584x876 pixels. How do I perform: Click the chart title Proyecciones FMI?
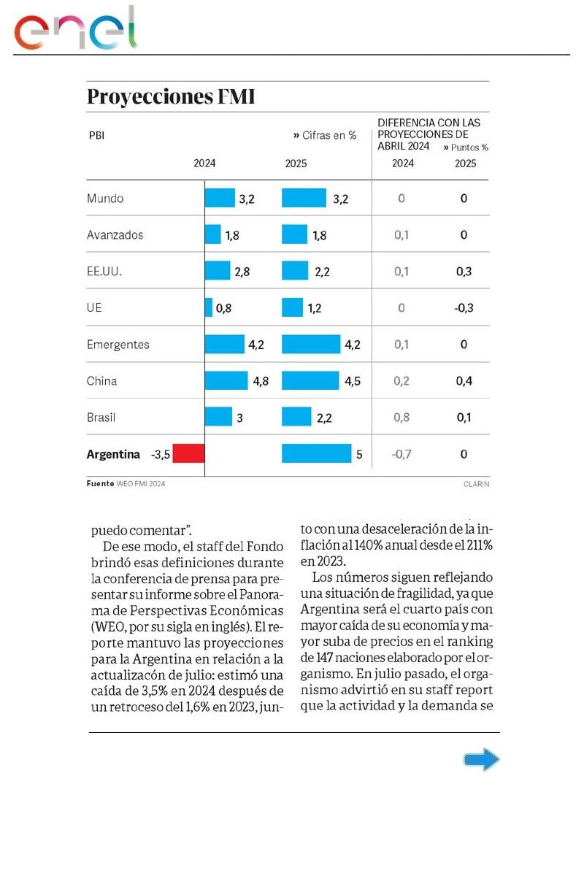coord(171,96)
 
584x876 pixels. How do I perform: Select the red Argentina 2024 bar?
coord(189,454)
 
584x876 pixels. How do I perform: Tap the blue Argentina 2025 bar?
coord(316,454)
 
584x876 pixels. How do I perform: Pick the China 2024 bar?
coord(227,380)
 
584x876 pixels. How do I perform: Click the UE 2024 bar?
coord(209,307)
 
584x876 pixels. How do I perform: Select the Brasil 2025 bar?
coord(296,417)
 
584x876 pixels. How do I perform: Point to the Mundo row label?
coord(105,199)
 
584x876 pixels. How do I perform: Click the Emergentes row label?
coord(118,345)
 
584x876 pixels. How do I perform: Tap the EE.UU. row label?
coord(104,272)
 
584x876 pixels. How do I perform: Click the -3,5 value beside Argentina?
coord(161,455)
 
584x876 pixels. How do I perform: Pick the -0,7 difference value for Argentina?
coord(401,455)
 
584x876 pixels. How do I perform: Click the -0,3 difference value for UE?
coord(464,308)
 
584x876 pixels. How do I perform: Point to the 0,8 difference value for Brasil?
coord(401,418)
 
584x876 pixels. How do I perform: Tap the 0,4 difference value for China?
coord(464,381)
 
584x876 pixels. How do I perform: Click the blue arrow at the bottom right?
coord(482,760)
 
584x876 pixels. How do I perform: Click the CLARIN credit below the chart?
coord(476,484)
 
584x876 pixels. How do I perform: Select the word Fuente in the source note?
coord(100,483)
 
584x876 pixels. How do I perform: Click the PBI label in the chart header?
coord(96,135)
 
